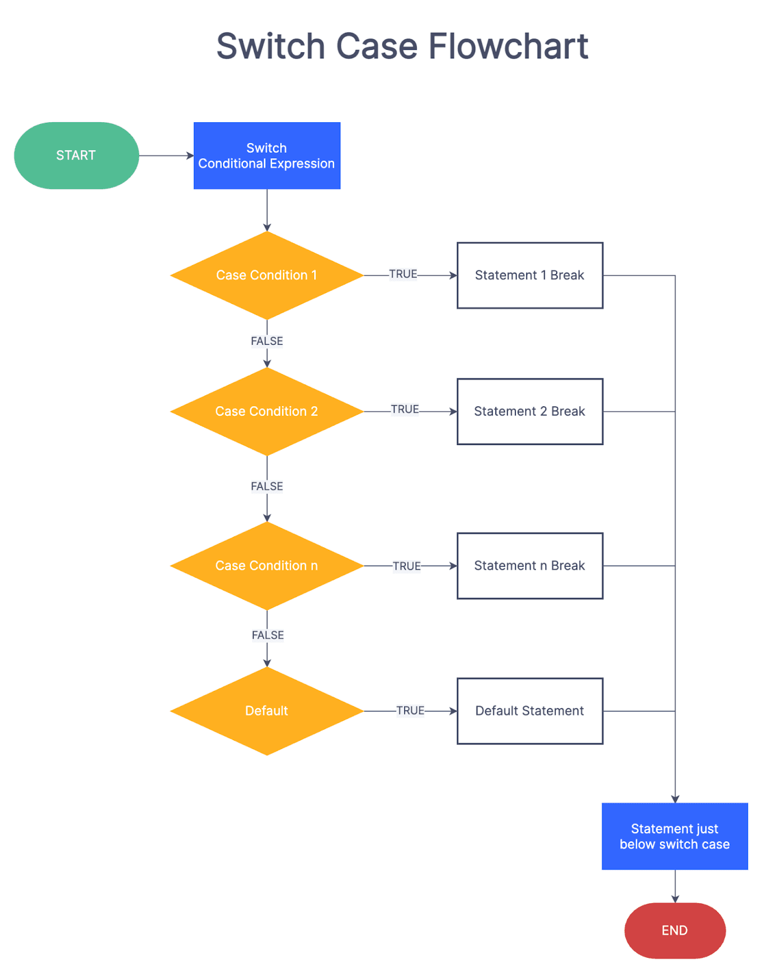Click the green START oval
[x=76, y=156]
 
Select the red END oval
[x=674, y=930]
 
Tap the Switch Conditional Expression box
[x=267, y=156]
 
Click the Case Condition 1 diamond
[x=267, y=275]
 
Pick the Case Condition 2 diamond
[x=267, y=412]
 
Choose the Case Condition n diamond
[x=267, y=566]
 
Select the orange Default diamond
[x=267, y=711]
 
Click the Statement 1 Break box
[x=529, y=275]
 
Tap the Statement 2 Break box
[x=529, y=412]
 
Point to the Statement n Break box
[x=529, y=566]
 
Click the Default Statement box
[x=529, y=711]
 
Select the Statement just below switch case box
[x=674, y=836]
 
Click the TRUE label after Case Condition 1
[x=403, y=274]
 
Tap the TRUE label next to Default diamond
[x=410, y=710]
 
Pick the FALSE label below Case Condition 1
[x=267, y=341]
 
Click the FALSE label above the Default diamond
[x=267, y=635]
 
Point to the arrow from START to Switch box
[x=166, y=156]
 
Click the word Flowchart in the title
[x=508, y=46]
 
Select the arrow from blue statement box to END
[x=674, y=886]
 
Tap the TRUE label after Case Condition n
[x=407, y=566]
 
